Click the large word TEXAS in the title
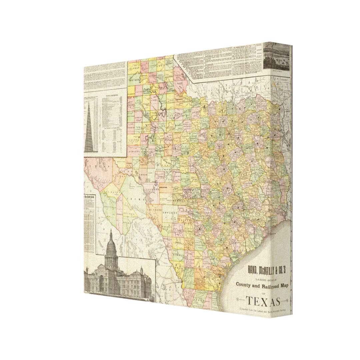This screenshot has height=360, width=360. click(263, 302)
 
